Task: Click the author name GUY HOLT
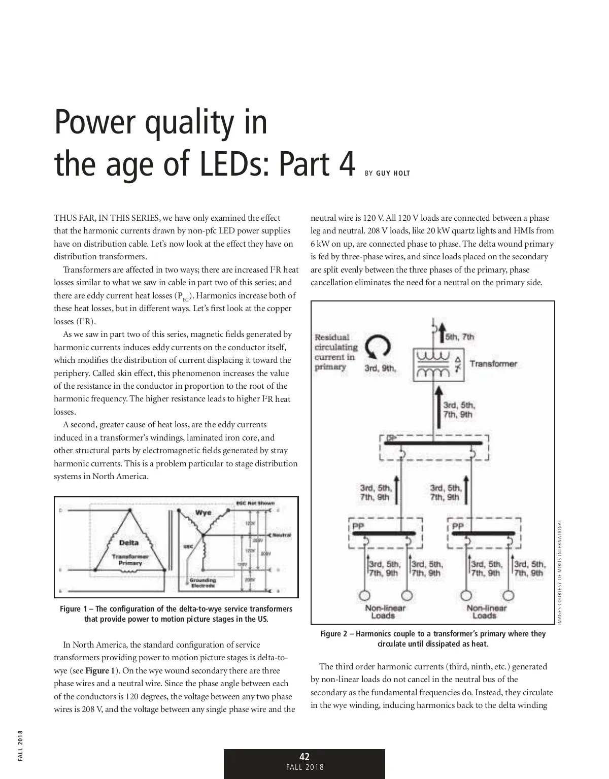pyautogui.click(x=393, y=174)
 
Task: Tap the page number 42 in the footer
pyautogui.click(x=304, y=757)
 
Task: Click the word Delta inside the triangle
pyautogui.click(x=128, y=543)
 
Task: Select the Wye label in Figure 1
pyautogui.click(x=204, y=512)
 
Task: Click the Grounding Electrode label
pyautogui.click(x=203, y=583)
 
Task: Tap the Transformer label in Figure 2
pyautogui.click(x=493, y=363)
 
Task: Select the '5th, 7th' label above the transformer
pyautogui.click(x=460, y=336)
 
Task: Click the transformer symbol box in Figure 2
pyautogui.click(x=437, y=364)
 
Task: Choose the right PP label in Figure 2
pyautogui.click(x=458, y=526)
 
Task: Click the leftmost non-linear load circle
pyautogui.click(x=365, y=595)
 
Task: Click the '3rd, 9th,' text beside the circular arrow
pyautogui.click(x=380, y=368)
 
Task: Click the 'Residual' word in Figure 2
pyautogui.click(x=332, y=337)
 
